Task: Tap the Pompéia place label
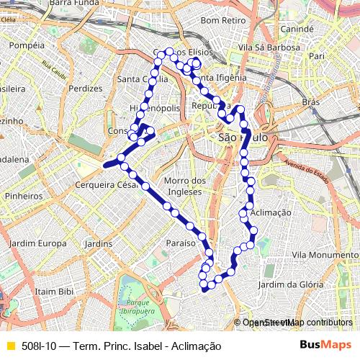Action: click(28, 45)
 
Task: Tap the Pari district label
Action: click(316, 55)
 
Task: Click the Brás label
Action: click(310, 103)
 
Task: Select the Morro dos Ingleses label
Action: click(185, 186)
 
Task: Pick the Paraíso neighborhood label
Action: click(181, 243)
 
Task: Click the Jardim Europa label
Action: click(39, 243)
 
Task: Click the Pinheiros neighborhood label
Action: click(23, 195)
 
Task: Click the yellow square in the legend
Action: click(10, 346)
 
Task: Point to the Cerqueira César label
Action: click(107, 184)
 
